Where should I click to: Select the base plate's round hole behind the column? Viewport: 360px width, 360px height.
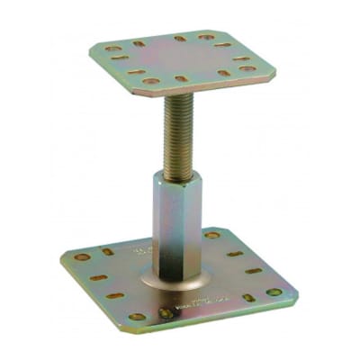click(212, 236)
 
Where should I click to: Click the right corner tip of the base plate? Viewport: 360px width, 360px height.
click(295, 293)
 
